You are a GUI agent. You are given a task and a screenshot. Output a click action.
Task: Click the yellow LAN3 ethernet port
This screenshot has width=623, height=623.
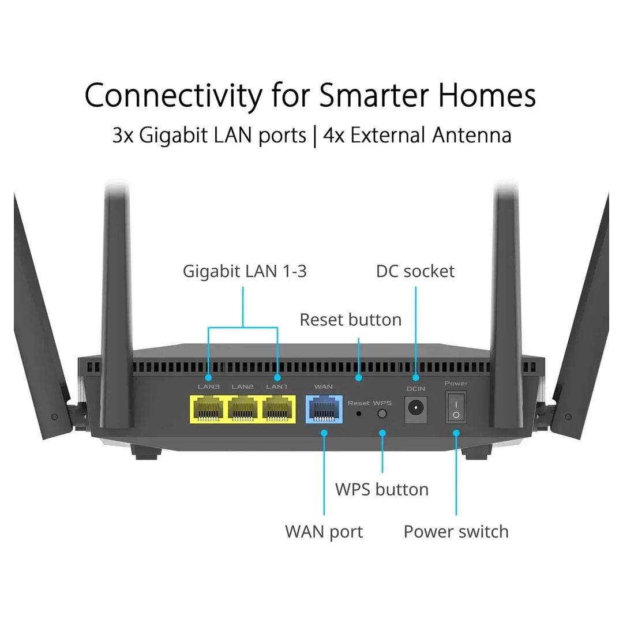click(209, 410)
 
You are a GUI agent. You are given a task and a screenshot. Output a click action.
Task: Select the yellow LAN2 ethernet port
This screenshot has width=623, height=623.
click(243, 410)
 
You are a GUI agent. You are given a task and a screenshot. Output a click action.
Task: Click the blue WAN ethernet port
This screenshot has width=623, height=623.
click(324, 409)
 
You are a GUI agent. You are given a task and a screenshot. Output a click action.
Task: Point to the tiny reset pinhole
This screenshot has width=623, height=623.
click(359, 414)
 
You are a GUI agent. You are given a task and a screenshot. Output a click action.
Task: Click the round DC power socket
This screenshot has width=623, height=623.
click(416, 408)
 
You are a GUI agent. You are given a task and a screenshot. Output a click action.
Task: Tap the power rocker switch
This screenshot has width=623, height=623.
click(456, 408)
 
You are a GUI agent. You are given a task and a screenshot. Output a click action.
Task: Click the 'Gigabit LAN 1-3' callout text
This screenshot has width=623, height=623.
click(245, 272)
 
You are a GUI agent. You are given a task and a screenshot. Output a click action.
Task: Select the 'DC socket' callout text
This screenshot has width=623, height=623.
click(415, 271)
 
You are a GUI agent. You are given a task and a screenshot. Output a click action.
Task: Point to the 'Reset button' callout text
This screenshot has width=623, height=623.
click(351, 320)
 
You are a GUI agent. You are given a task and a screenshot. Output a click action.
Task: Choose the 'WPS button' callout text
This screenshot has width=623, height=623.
click(382, 490)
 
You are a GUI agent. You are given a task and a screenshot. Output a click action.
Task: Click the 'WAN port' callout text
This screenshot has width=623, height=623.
click(324, 532)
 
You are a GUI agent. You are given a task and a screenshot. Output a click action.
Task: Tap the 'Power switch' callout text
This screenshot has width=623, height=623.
click(456, 532)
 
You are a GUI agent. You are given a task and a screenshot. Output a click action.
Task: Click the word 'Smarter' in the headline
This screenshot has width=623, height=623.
click(374, 95)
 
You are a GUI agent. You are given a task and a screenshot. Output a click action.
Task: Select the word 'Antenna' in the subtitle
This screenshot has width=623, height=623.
click(472, 135)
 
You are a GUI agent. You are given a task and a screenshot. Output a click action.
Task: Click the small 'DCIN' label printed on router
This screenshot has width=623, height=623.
click(415, 389)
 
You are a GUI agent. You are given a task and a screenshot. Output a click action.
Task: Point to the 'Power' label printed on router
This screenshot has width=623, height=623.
click(456, 384)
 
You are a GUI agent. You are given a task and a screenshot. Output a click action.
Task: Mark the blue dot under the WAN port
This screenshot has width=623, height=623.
click(324, 433)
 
